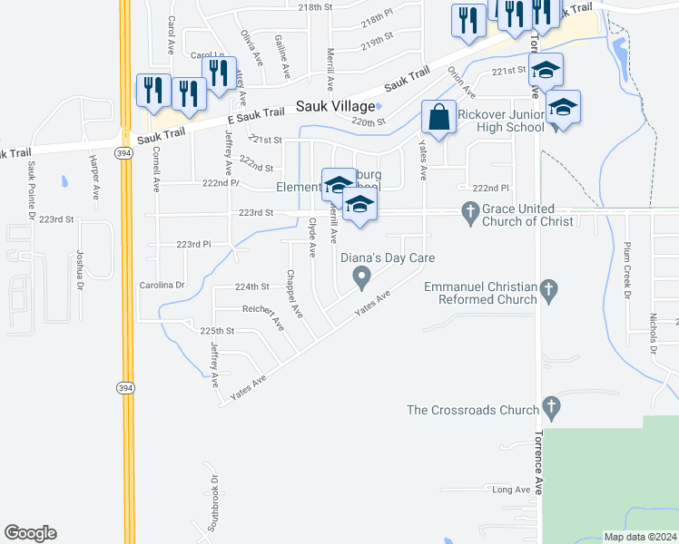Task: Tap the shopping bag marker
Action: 438,118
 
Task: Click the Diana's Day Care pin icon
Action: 361,276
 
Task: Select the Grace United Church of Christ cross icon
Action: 469,214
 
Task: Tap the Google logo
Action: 30,533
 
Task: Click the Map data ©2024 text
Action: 640,537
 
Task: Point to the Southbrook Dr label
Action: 214,502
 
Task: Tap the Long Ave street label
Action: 510,490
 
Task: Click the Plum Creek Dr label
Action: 626,268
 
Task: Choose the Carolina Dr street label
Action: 162,285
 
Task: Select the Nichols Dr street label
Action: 653,334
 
